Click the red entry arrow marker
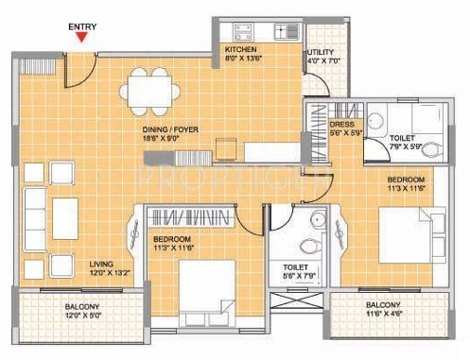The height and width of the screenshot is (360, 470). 82,38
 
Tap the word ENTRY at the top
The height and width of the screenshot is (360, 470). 82,23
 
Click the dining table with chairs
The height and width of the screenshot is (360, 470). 148,93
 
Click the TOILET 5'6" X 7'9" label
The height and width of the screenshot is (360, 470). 295,274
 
